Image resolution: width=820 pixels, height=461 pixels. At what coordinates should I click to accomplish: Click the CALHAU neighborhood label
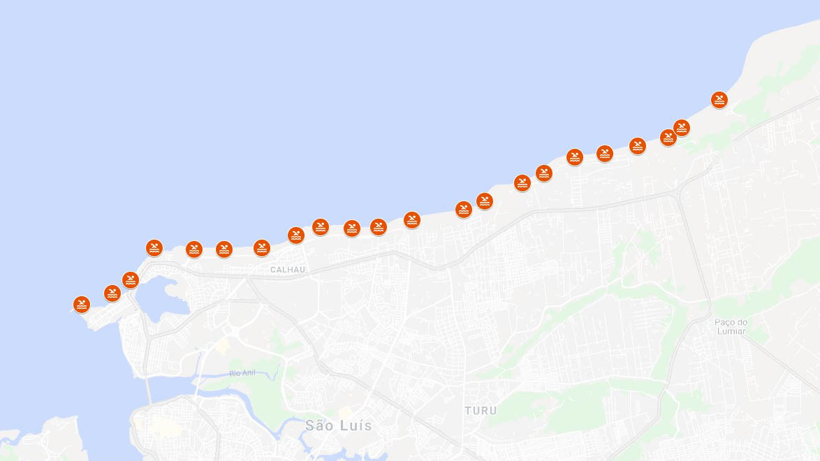(288, 270)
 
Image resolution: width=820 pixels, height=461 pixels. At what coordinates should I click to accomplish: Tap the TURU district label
(481, 411)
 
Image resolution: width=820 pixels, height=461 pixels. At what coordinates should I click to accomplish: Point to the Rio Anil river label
(242, 374)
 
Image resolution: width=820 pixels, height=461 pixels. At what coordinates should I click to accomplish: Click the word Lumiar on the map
(731, 331)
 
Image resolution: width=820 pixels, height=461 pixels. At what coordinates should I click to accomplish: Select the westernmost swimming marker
(82, 305)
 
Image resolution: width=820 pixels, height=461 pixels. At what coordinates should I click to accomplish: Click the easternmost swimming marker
(719, 100)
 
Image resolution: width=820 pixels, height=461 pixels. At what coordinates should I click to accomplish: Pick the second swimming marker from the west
(112, 293)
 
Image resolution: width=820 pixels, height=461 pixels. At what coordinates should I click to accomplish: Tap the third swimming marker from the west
(131, 280)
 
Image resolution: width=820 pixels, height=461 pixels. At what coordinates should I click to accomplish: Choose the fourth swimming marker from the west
(154, 248)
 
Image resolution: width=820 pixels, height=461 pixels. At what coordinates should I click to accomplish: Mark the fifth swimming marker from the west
(194, 249)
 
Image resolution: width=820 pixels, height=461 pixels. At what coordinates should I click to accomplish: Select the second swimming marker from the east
(682, 128)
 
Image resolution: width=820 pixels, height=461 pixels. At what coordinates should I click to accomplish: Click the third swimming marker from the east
(668, 138)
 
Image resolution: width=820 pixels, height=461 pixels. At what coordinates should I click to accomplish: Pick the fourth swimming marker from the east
(637, 146)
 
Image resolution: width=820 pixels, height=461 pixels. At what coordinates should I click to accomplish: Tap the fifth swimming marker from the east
(605, 154)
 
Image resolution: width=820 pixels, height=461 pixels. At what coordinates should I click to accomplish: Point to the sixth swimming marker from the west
(224, 249)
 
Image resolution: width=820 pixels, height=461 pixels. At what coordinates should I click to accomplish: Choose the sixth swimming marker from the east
(575, 157)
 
